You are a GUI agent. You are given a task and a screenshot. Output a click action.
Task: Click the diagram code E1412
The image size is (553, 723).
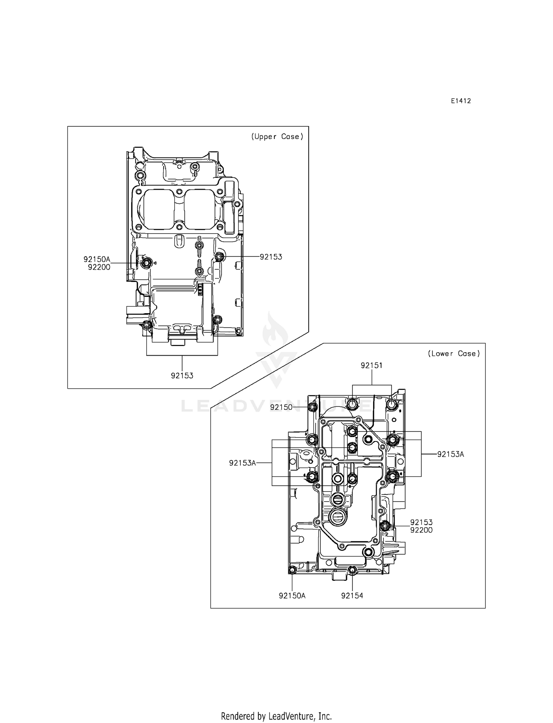(x=460, y=101)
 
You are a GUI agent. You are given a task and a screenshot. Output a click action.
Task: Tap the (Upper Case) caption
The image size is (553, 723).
(x=277, y=137)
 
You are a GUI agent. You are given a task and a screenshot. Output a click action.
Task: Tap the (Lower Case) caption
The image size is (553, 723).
(x=454, y=354)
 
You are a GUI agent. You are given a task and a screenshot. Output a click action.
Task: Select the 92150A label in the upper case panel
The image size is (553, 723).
(x=97, y=259)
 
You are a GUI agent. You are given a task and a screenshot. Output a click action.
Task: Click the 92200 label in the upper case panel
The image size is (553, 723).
(x=99, y=268)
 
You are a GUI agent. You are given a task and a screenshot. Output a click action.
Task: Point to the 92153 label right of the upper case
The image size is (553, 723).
(x=271, y=257)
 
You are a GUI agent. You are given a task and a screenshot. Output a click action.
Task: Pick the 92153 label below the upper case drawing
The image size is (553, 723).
(x=182, y=376)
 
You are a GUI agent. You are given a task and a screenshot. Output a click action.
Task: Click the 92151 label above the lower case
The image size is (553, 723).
(x=371, y=366)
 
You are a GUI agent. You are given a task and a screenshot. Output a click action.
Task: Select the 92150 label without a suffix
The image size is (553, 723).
(x=281, y=407)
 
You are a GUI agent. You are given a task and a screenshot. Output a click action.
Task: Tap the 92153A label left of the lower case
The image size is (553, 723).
(x=242, y=463)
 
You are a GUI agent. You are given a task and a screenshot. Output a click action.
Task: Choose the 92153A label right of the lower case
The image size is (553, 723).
(x=451, y=454)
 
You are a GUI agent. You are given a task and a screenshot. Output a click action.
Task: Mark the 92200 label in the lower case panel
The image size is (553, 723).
(x=421, y=530)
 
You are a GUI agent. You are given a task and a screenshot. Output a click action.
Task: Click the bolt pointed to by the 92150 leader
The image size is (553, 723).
(x=313, y=407)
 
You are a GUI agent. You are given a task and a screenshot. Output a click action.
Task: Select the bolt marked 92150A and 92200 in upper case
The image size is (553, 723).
(x=146, y=263)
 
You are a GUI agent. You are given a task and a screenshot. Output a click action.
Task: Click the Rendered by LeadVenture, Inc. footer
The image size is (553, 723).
(x=276, y=716)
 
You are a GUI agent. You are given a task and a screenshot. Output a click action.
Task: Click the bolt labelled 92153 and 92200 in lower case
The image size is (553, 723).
(x=385, y=526)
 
